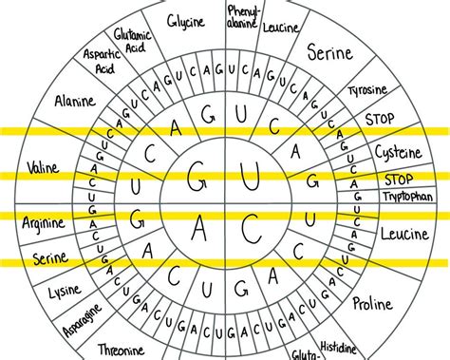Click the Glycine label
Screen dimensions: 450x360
[x=186, y=20]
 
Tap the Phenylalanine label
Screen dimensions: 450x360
[x=241, y=16]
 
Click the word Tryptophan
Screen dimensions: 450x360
[x=407, y=196]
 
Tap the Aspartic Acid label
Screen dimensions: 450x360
[x=100, y=63]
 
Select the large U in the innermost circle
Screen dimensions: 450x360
[x=251, y=177]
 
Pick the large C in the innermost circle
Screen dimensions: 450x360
[x=250, y=228]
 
